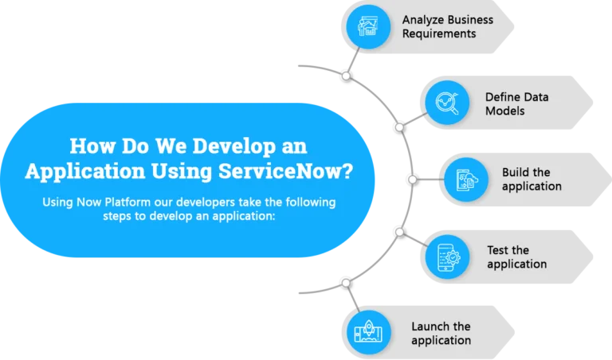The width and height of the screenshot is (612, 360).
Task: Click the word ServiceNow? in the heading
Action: click(286, 170)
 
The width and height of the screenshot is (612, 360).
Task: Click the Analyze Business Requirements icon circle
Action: click(368, 27)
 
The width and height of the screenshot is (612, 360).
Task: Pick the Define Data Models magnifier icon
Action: click(447, 103)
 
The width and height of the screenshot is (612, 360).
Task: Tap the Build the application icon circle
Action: click(466, 180)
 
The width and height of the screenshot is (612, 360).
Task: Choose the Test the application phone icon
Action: click(449, 257)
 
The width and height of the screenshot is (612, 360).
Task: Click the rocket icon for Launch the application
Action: click(368, 332)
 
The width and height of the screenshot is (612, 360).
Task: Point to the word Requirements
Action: click(439, 34)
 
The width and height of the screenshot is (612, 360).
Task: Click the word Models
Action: click(504, 111)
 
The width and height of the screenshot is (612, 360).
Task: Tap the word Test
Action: click(497, 249)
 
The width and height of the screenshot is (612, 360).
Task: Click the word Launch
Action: click(430, 326)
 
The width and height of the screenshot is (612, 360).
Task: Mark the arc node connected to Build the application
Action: click(413, 179)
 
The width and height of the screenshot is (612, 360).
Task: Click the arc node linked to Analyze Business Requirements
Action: click(346, 76)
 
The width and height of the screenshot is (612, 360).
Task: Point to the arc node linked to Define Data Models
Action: click(400, 127)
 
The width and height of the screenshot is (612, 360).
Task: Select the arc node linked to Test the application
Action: click(400, 233)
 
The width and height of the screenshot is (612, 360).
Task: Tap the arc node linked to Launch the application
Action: click(346, 283)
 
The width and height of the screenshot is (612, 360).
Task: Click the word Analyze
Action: click(422, 20)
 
